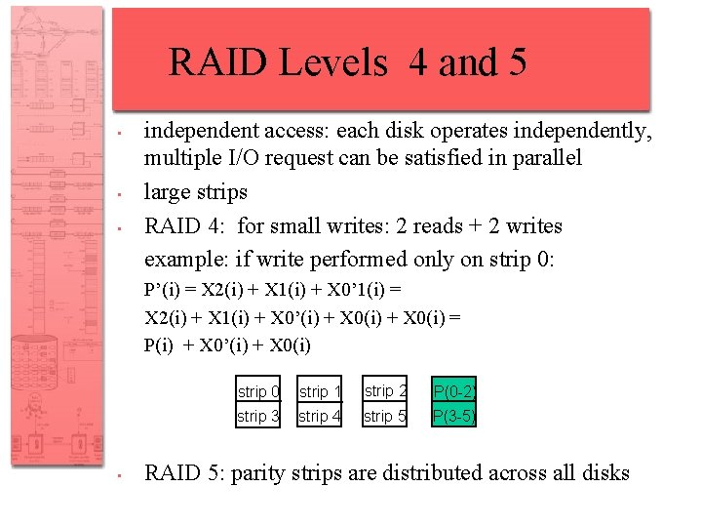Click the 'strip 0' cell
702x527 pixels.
[x=258, y=391]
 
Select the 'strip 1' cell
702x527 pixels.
[x=320, y=391]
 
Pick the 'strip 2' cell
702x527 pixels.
[x=385, y=390]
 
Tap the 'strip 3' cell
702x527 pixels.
[x=258, y=417]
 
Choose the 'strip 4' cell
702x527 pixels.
[x=320, y=417]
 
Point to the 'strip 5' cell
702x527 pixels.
[x=385, y=417]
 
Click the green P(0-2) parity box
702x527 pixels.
[x=454, y=391]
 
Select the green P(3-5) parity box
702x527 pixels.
[x=454, y=417]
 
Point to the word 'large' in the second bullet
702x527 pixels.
[x=167, y=192]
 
